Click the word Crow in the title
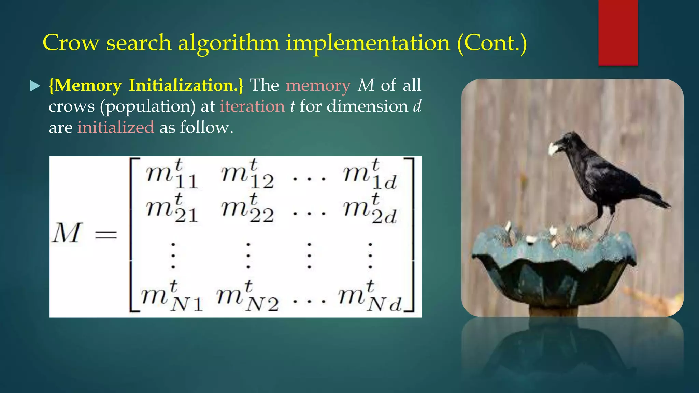[x=71, y=43]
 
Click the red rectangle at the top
[x=618, y=32]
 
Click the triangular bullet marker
[x=35, y=86]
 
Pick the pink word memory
[x=318, y=86]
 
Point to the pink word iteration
[x=252, y=106]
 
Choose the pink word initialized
[x=116, y=128]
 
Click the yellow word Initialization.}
[x=186, y=85]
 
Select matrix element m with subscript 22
[x=247, y=208]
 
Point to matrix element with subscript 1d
[x=370, y=174]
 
